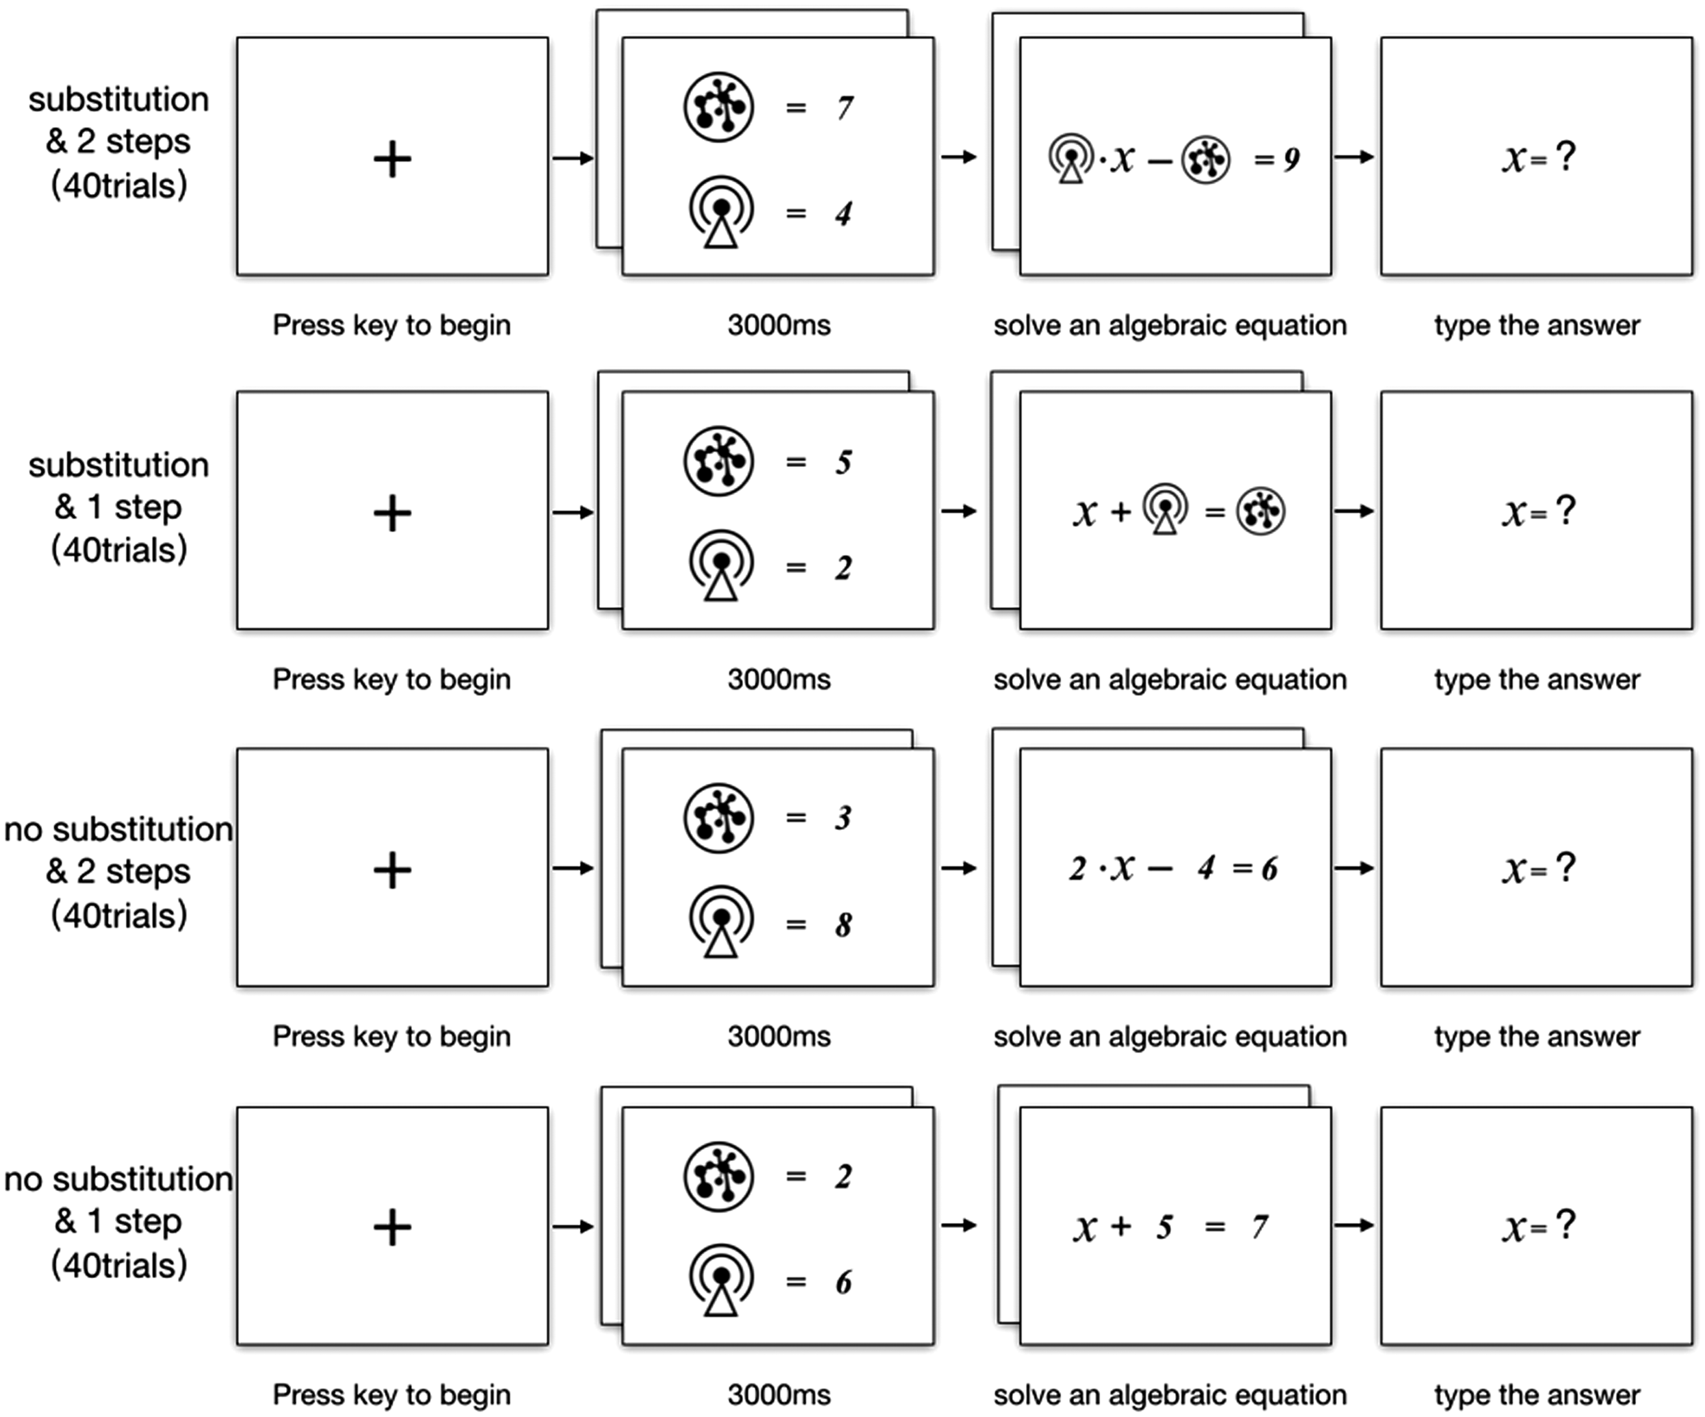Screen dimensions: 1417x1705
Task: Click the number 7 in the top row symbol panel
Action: tap(845, 108)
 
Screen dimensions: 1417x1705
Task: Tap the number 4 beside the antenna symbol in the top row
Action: tap(843, 214)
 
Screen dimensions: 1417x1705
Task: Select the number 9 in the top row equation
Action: tap(1291, 159)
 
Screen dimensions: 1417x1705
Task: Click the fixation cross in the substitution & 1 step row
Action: tap(392, 513)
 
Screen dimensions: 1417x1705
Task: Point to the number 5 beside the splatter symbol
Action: tap(843, 462)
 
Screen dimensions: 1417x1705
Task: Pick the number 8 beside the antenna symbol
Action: tap(843, 925)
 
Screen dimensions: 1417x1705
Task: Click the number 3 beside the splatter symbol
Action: tap(843, 818)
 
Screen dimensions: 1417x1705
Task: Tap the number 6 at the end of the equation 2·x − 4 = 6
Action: tap(1269, 869)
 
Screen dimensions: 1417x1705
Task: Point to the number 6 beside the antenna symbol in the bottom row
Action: tap(843, 1282)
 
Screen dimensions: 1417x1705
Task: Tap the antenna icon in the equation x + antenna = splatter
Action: tap(1165, 509)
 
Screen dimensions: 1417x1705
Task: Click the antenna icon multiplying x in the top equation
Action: tap(1071, 159)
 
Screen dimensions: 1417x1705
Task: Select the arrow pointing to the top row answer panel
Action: tap(1353, 157)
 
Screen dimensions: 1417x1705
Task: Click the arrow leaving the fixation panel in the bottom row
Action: tap(573, 1226)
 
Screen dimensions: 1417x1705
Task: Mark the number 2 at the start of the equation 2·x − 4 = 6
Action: tap(1076, 869)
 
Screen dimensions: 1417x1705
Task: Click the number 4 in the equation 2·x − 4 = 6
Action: tap(1205, 869)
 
